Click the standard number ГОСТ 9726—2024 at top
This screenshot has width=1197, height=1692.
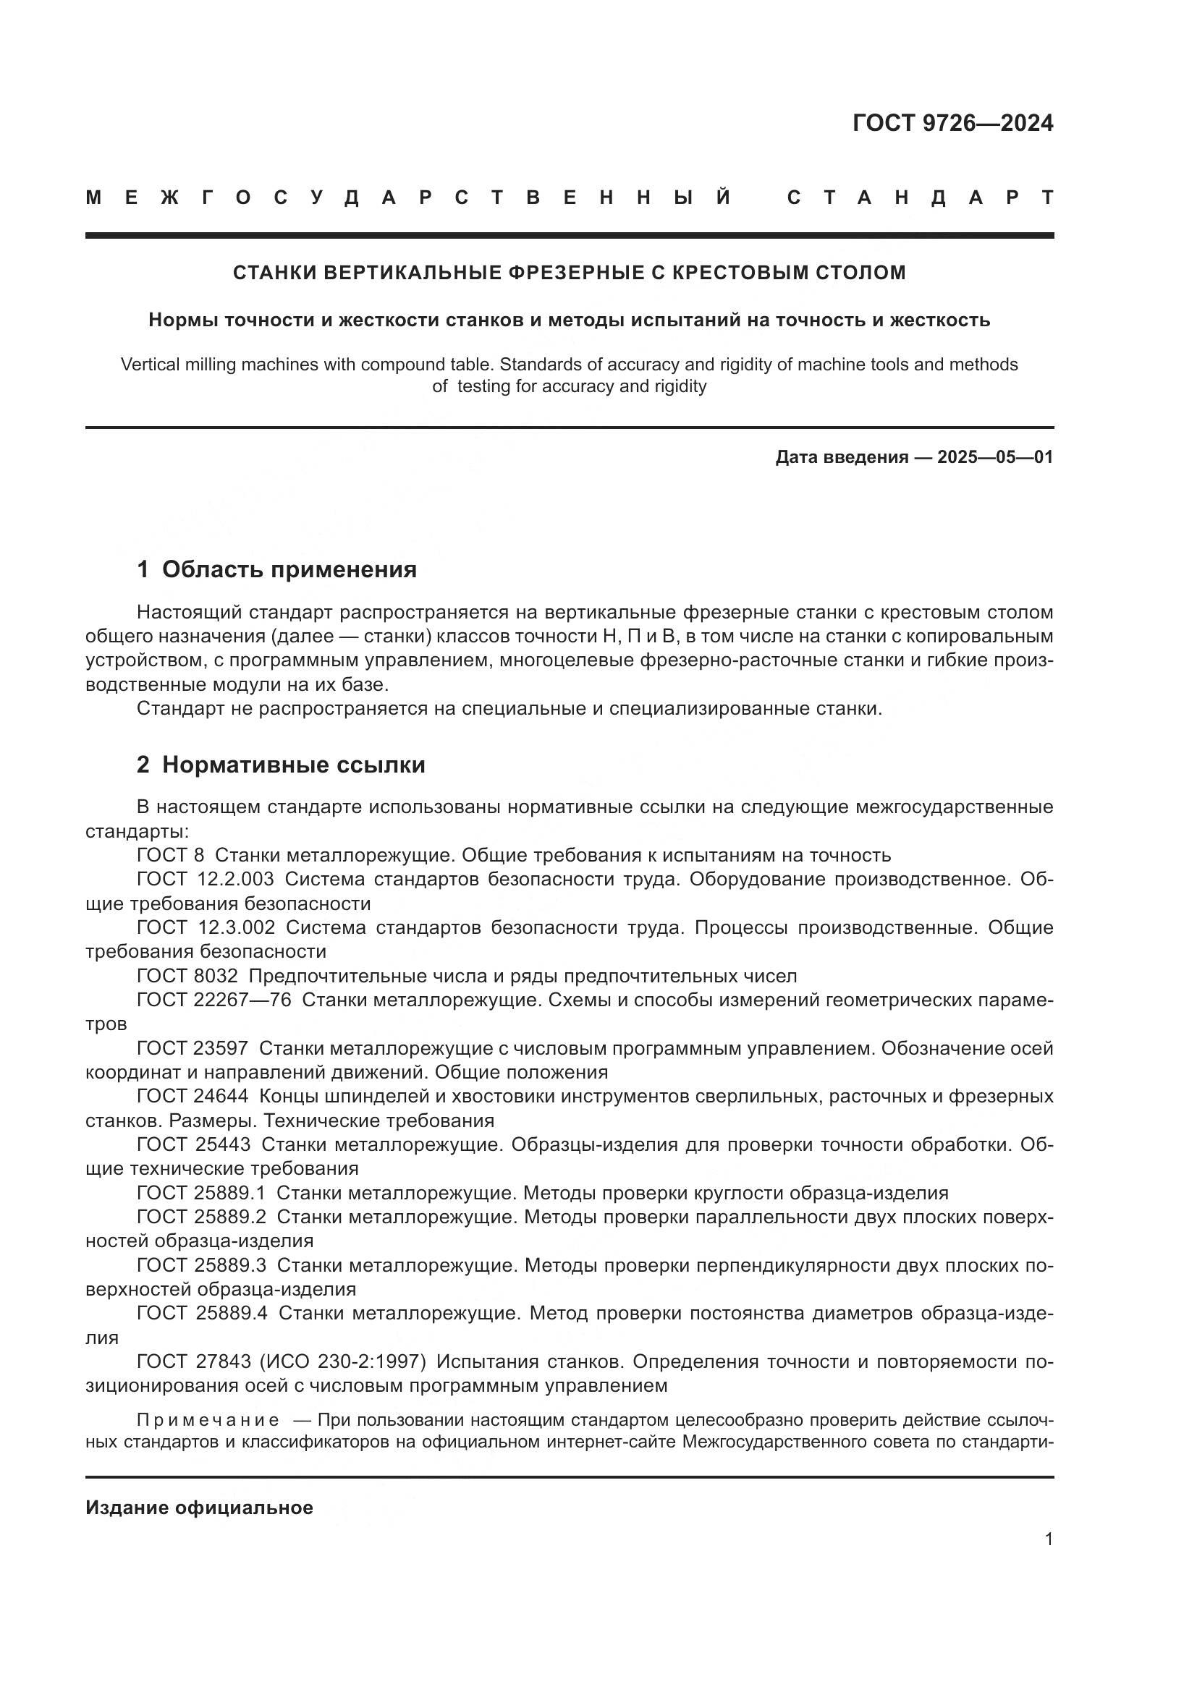[x=952, y=123]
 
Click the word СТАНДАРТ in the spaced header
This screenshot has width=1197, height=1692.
[x=920, y=197]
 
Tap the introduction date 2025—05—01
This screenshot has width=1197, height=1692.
[x=994, y=457]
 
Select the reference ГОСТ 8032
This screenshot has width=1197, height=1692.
[x=187, y=977]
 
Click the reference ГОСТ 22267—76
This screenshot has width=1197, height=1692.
[x=213, y=1000]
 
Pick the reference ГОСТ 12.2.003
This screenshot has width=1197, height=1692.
[x=205, y=879]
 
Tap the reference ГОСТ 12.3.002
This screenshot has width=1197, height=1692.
[x=206, y=928]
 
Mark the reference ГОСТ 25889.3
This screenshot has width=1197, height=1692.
[x=202, y=1265]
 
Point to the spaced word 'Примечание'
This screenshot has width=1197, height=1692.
[x=208, y=1420]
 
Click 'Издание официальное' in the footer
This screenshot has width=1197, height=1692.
[x=199, y=1508]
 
